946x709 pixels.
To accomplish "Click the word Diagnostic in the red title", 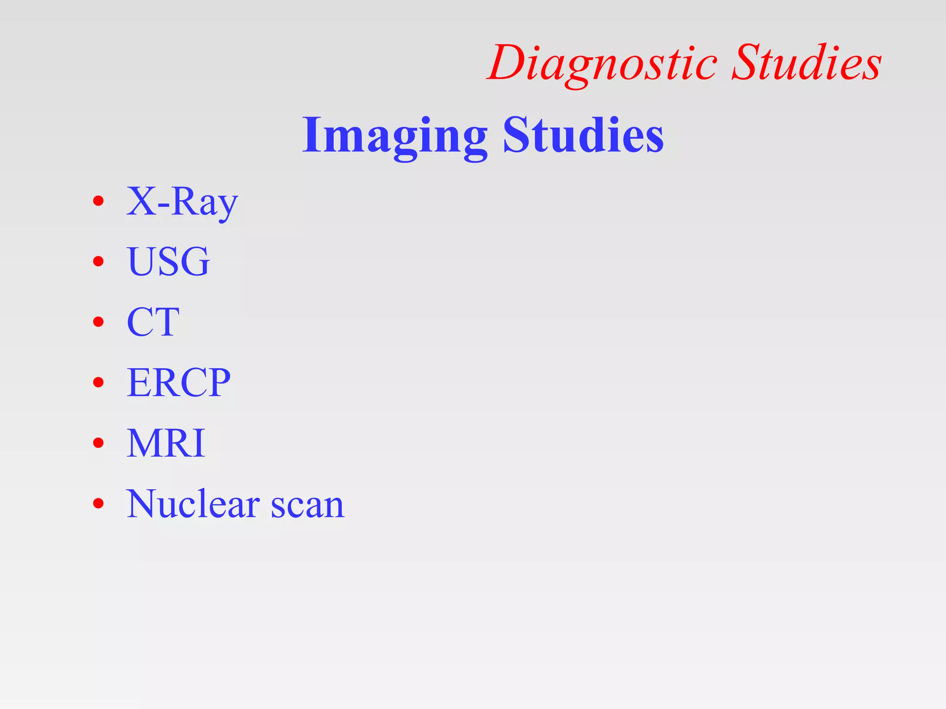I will point(603,64).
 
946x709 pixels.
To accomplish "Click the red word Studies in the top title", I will point(807,63).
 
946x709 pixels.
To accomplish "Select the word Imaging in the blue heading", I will point(394,136).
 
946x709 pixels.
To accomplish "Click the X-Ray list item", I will point(182,202).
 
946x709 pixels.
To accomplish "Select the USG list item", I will point(168,261).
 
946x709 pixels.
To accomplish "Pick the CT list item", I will point(153,322).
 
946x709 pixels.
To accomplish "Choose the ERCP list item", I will point(178,382).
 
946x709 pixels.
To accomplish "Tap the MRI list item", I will point(166,443).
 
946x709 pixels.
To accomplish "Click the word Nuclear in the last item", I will point(193,504).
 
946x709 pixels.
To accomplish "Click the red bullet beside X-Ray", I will point(98,201).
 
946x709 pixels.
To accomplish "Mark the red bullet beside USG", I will point(98,262).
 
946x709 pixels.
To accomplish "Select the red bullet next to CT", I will point(98,322).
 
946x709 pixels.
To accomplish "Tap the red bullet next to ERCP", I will point(98,382).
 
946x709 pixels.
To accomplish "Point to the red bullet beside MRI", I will point(98,443).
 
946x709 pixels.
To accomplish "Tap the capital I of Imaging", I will point(312,135).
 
